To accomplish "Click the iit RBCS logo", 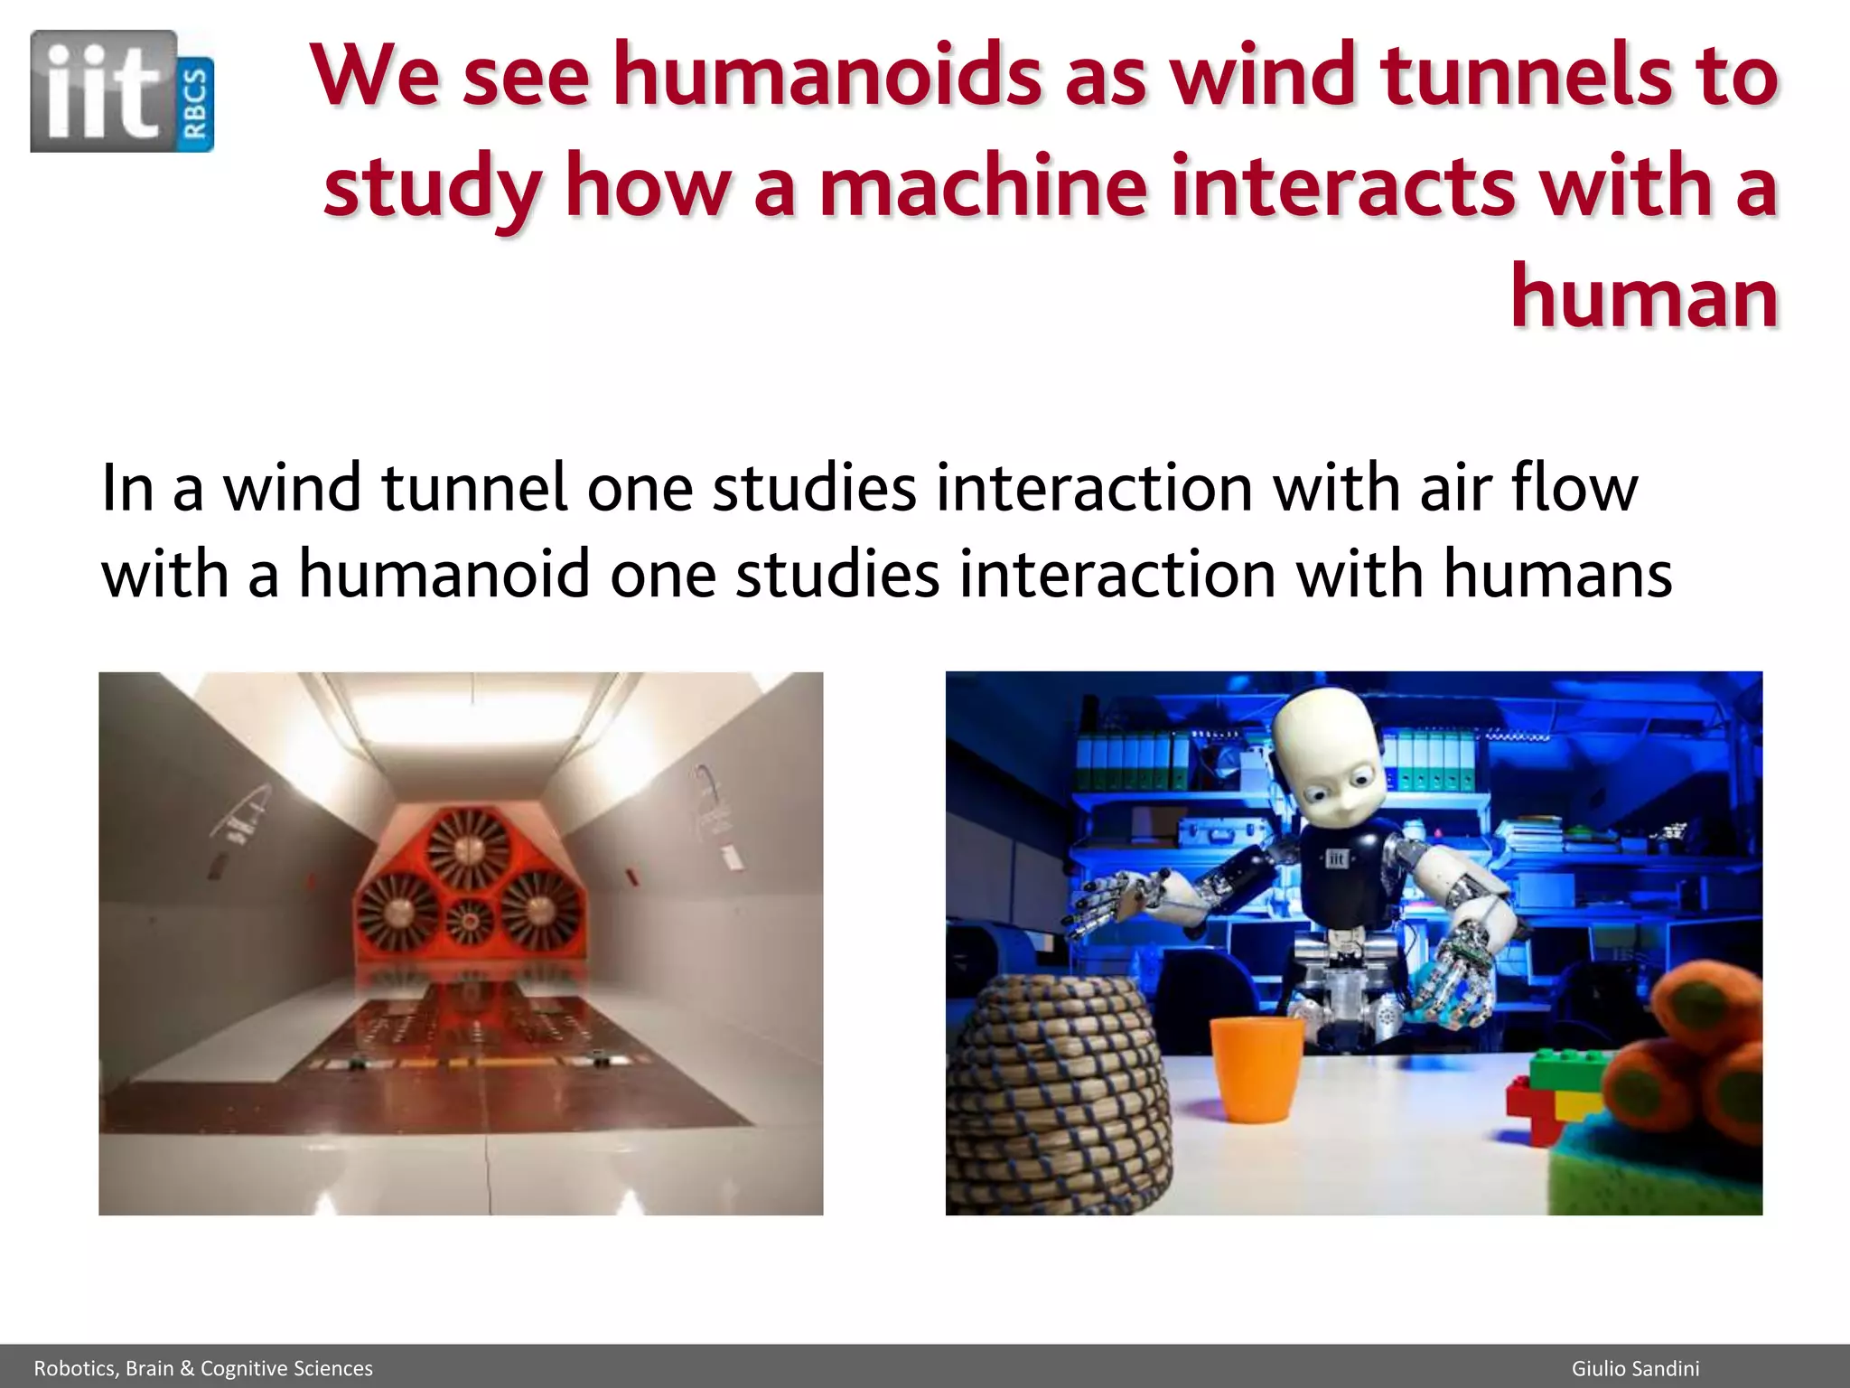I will [122, 90].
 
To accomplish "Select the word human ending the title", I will [1644, 297].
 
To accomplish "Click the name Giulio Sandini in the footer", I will [1635, 1368].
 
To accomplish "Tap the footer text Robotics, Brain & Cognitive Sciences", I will [203, 1368].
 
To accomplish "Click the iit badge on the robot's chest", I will [1337, 858].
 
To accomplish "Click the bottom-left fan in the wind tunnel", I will [397, 914].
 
